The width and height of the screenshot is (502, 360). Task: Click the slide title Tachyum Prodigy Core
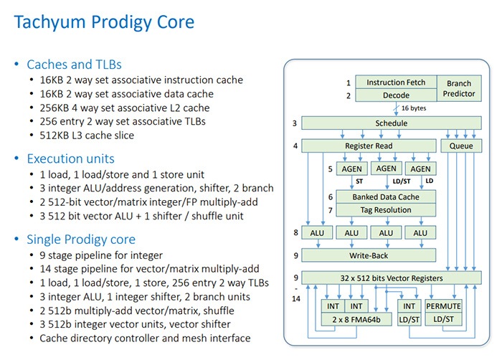[x=104, y=22]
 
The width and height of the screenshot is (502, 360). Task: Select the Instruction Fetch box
[x=396, y=82]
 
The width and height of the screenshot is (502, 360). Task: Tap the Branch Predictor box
[x=459, y=88]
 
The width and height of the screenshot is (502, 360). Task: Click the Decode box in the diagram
[x=396, y=95]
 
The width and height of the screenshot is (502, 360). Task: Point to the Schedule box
[x=391, y=123]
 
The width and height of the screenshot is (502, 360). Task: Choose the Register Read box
[x=368, y=146]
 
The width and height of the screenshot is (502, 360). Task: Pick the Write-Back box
[x=368, y=255]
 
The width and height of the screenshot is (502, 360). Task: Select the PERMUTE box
[x=443, y=306]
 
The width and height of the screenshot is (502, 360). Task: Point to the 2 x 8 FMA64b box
[x=351, y=318]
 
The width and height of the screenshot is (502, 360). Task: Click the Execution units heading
[x=70, y=158]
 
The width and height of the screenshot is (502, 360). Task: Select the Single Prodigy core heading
[x=81, y=239]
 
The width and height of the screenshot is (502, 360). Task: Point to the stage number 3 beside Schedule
[x=294, y=123]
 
